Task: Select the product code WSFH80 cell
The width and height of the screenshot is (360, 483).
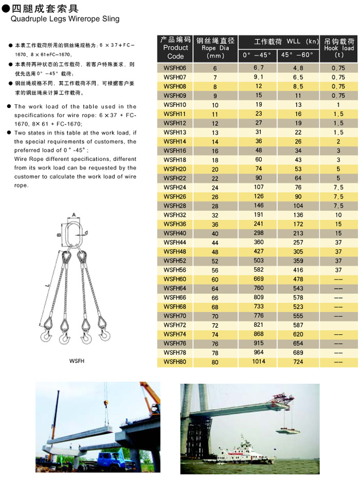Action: [x=174, y=362]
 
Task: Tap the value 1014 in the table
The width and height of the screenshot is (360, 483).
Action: [x=259, y=362]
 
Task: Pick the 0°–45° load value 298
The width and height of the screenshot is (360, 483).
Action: [x=259, y=233]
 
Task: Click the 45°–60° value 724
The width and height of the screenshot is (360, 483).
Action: [x=298, y=362]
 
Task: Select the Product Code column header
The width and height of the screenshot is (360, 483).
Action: [x=175, y=48]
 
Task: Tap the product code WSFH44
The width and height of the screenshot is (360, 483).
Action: [x=174, y=242]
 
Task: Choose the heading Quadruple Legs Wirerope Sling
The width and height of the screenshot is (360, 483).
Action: [x=65, y=19]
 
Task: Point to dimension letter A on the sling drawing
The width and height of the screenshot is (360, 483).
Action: [x=74, y=215]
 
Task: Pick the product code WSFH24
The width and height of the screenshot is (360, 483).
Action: [x=174, y=187]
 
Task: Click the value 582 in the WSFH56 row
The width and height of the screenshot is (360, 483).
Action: [x=259, y=270]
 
